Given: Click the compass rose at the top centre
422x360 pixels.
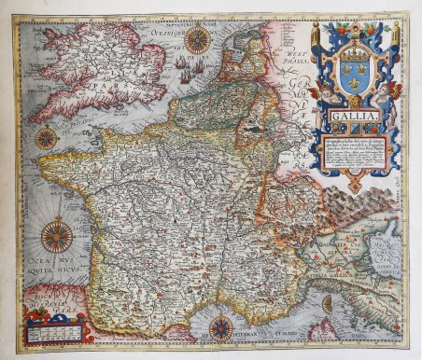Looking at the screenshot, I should (x=197, y=38).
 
